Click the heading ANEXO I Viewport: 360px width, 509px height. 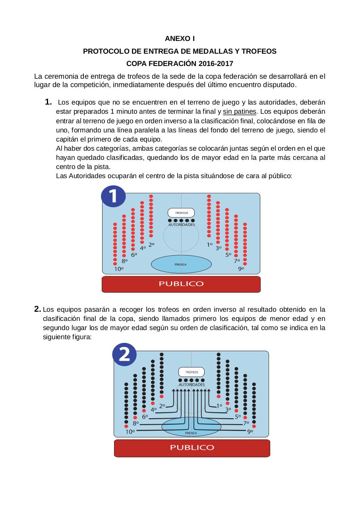(180, 39)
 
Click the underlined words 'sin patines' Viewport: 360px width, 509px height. (239, 111)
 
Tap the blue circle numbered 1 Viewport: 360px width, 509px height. (113, 196)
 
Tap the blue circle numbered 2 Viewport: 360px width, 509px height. (124, 354)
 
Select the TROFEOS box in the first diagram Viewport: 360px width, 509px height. (181, 213)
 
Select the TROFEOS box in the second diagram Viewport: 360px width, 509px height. (192, 372)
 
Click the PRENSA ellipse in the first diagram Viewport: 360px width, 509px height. (181, 264)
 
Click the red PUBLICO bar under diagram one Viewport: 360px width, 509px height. (181, 284)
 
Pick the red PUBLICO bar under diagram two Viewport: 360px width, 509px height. (192, 448)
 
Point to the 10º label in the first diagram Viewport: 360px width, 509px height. (119, 269)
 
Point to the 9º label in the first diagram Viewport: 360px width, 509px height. (241, 269)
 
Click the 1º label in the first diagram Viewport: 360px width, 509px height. (210, 245)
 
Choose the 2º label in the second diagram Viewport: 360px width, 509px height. (162, 406)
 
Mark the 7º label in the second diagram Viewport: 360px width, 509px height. (246, 424)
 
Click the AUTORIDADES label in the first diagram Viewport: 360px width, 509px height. (182, 225)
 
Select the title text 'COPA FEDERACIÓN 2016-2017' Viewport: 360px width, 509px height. (180, 64)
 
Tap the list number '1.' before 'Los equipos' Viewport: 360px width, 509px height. (48, 102)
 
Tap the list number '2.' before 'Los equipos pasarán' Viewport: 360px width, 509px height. (37, 309)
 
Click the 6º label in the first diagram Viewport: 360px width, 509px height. (134, 254)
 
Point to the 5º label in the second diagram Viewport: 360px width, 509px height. (238, 417)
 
